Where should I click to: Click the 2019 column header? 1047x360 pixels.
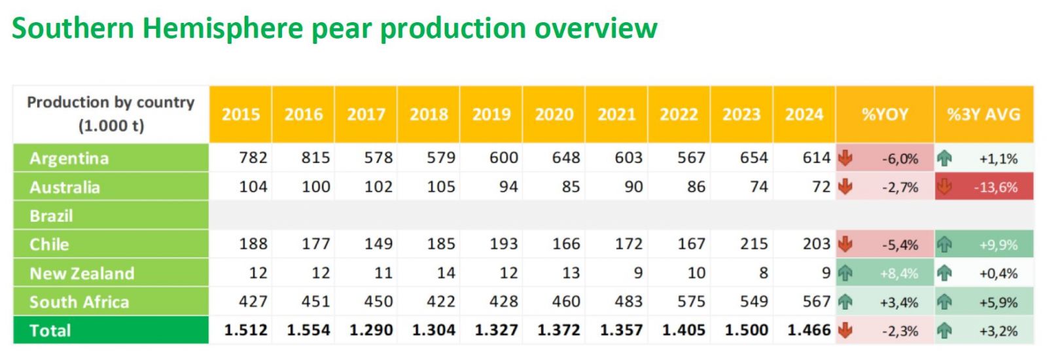491,115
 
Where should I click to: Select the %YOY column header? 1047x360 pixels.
885,115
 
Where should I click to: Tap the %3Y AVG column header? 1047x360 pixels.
984,115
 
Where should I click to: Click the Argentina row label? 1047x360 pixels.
69,158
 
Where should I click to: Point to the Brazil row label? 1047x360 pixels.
51,216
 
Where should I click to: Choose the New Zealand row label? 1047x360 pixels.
82,274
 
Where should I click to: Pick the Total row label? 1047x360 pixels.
50,331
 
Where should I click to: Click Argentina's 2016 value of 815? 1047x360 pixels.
315,158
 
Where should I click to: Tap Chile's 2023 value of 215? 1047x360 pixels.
753,244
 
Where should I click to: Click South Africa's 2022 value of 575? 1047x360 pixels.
691,302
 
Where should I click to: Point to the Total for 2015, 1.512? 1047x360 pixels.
245,331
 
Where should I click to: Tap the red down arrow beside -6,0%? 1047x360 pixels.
845,158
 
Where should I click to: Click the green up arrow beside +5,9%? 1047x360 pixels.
944,302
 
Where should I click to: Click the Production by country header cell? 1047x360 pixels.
111,114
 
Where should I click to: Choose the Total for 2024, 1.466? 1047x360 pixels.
809,331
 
